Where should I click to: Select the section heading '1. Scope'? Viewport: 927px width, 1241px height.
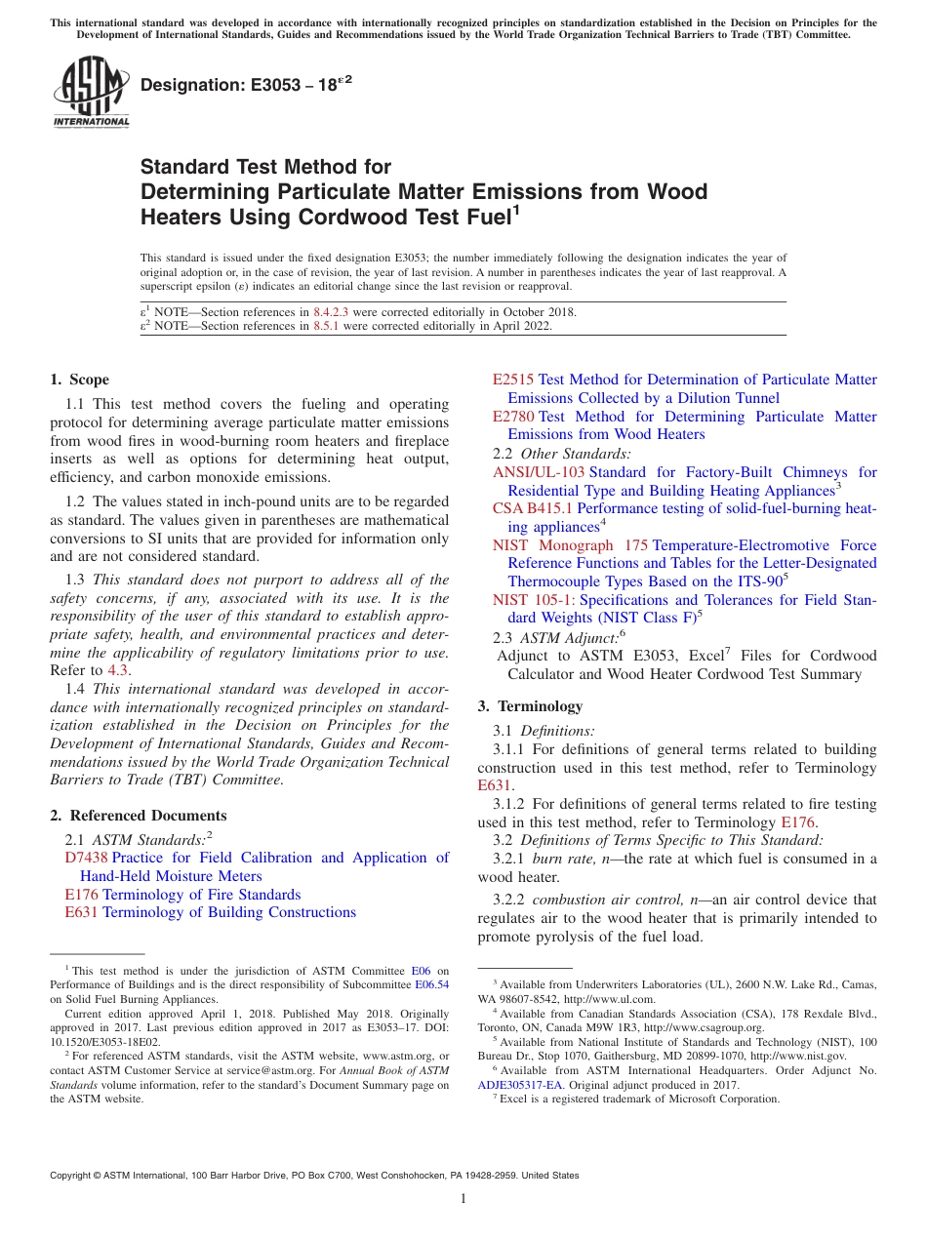[x=80, y=380]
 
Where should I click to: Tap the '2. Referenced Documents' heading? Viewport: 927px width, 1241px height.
[x=139, y=816]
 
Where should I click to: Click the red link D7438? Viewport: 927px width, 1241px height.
[x=86, y=858]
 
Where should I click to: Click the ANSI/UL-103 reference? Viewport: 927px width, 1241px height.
[x=539, y=472]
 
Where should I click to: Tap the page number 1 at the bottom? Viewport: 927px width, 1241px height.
[x=463, y=1198]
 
